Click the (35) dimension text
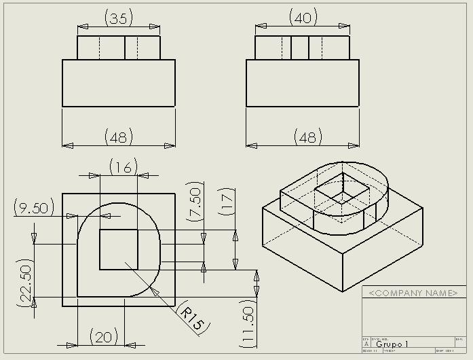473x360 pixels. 119,18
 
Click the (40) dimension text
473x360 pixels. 303,18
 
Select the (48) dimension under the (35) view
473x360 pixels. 118,137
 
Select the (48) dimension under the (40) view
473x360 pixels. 307,137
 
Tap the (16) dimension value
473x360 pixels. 123,166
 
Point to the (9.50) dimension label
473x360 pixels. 34,208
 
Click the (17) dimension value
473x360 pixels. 227,201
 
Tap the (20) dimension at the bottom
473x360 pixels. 105,336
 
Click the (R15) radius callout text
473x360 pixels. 191,318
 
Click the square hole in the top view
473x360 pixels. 119,249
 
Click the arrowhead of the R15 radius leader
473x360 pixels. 154,290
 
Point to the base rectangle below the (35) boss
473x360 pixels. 119,83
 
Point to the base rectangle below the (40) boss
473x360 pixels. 302,83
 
